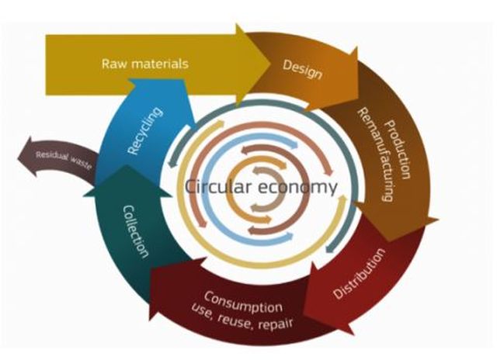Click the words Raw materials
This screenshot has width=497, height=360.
(144, 63)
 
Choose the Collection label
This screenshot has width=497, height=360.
(135, 230)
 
